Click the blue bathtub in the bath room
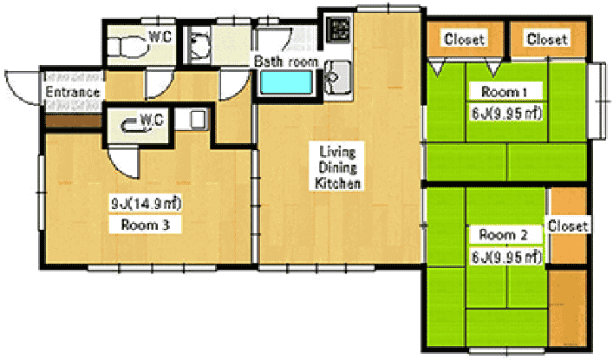tap(287, 82)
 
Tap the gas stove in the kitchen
tap(338, 29)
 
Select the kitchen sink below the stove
tap(338, 77)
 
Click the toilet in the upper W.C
tap(127, 46)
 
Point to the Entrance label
tap(73, 92)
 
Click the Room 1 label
tap(505, 92)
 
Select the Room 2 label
tap(503, 235)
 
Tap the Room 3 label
tap(145, 225)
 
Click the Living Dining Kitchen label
tap(337, 167)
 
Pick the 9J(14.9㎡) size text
tap(147, 204)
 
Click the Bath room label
tap(286, 62)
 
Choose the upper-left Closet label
tap(465, 39)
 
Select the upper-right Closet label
tap(547, 39)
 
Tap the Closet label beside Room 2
tap(568, 226)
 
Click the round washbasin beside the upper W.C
tap(199, 44)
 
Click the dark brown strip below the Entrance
tap(74, 121)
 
